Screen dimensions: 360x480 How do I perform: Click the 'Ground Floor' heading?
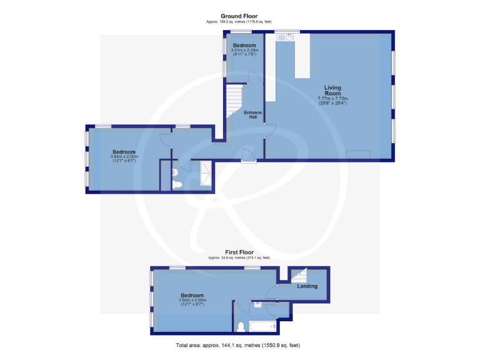(x=239, y=16)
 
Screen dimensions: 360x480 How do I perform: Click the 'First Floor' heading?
(x=239, y=252)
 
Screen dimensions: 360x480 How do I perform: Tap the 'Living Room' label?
(x=332, y=90)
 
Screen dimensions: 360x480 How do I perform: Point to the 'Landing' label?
(x=307, y=286)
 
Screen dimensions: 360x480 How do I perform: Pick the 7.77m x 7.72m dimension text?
(x=332, y=101)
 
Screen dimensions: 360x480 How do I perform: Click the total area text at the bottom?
(x=239, y=345)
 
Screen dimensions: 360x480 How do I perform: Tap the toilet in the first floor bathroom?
(x=241, y=326)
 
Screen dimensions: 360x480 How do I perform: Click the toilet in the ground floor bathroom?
(x=177, y=184)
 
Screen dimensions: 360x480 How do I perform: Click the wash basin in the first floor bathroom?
(x=257, y=305)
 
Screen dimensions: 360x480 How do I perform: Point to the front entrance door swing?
(x=248, y=154)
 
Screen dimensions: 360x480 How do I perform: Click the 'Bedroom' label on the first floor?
(x=192, y=296)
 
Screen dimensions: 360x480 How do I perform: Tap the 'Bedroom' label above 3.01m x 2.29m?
(x=244, y=46)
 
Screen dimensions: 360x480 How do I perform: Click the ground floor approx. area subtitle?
(x=239, y=22)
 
